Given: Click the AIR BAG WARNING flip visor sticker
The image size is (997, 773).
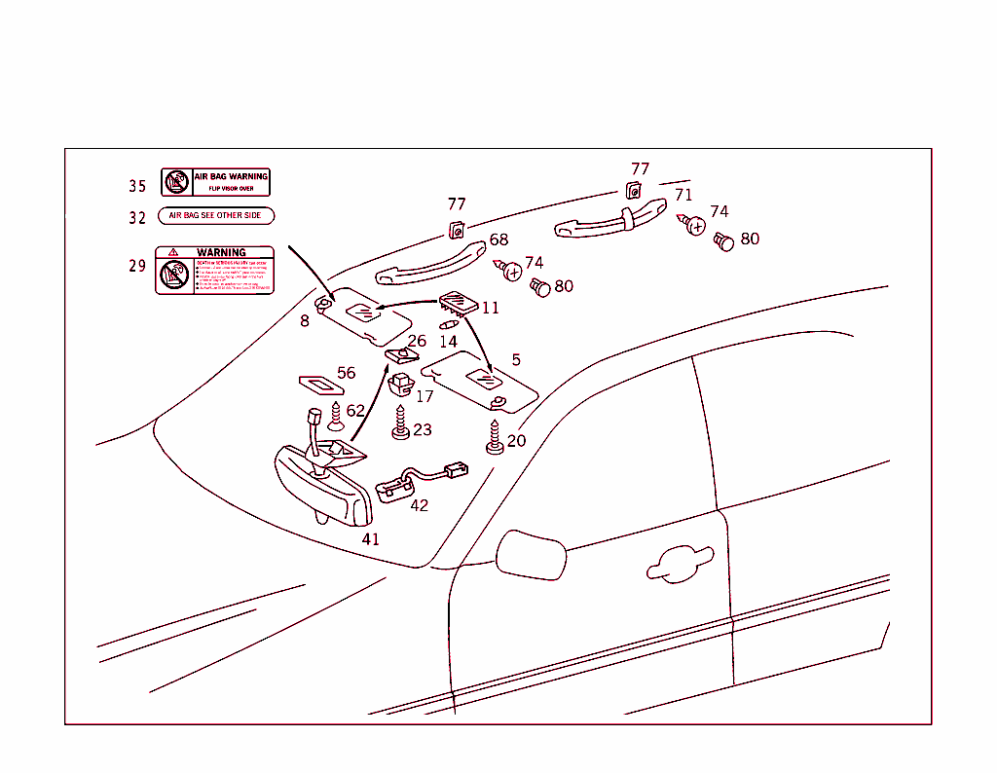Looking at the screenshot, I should tap(215, 182).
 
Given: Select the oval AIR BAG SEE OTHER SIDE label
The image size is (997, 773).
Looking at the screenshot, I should tap(216, 215).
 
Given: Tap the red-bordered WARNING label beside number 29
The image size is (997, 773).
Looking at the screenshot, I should tap(215, 270).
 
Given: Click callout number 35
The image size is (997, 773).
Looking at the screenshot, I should tap(137, 186).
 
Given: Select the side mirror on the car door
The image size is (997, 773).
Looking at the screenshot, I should tap(530, 555).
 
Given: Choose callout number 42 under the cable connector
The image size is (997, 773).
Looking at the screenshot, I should tap(419, 505).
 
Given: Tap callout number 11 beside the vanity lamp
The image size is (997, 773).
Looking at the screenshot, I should tap(490, 308).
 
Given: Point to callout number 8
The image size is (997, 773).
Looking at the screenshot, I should tap(305, 321).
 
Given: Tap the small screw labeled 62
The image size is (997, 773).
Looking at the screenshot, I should tap(337, 418).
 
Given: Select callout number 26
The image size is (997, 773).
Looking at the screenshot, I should tap(417, 341).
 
